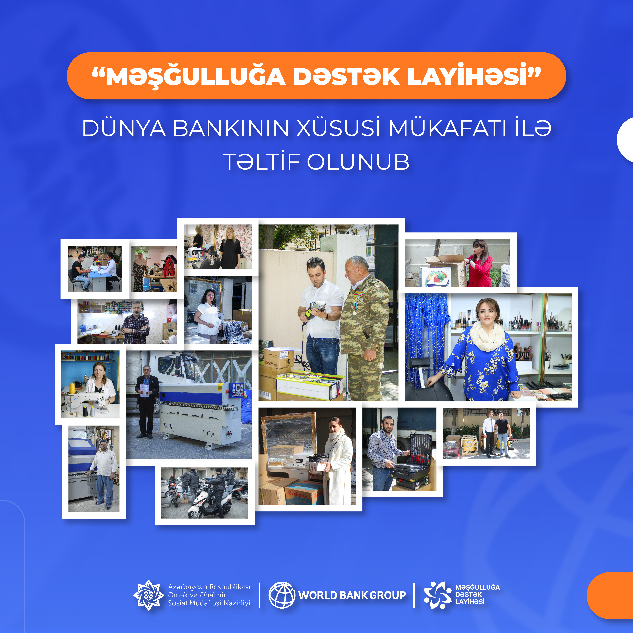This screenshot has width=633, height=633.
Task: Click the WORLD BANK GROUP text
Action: [x=352, y=595]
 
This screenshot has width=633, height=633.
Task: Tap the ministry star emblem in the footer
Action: [x=148, y=595]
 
